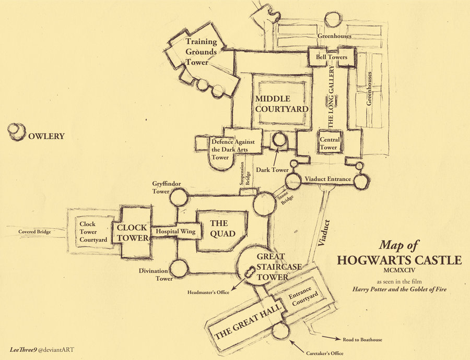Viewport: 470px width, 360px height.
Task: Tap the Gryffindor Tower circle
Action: [x=179, y=197]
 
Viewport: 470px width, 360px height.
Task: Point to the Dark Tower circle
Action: [x=279, y=140]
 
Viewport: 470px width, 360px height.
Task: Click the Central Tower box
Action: [x=330, y=142]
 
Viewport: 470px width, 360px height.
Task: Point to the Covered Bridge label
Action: [x=34, y=232]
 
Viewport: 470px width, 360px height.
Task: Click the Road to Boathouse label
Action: [x=362, y=340]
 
